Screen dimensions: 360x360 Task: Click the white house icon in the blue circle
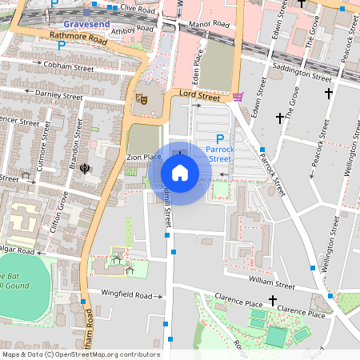click(180, 173)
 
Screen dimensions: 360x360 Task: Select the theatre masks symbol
click(141, 99)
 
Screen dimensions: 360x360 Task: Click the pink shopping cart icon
click(238, 97)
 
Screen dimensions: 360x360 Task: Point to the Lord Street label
click(198, 96)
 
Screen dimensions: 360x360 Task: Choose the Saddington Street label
click(302, 73)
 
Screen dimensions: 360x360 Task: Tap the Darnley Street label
click(59, 95)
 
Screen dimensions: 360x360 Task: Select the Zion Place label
click(145, 157)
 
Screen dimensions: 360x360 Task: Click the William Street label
click(272, 282)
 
